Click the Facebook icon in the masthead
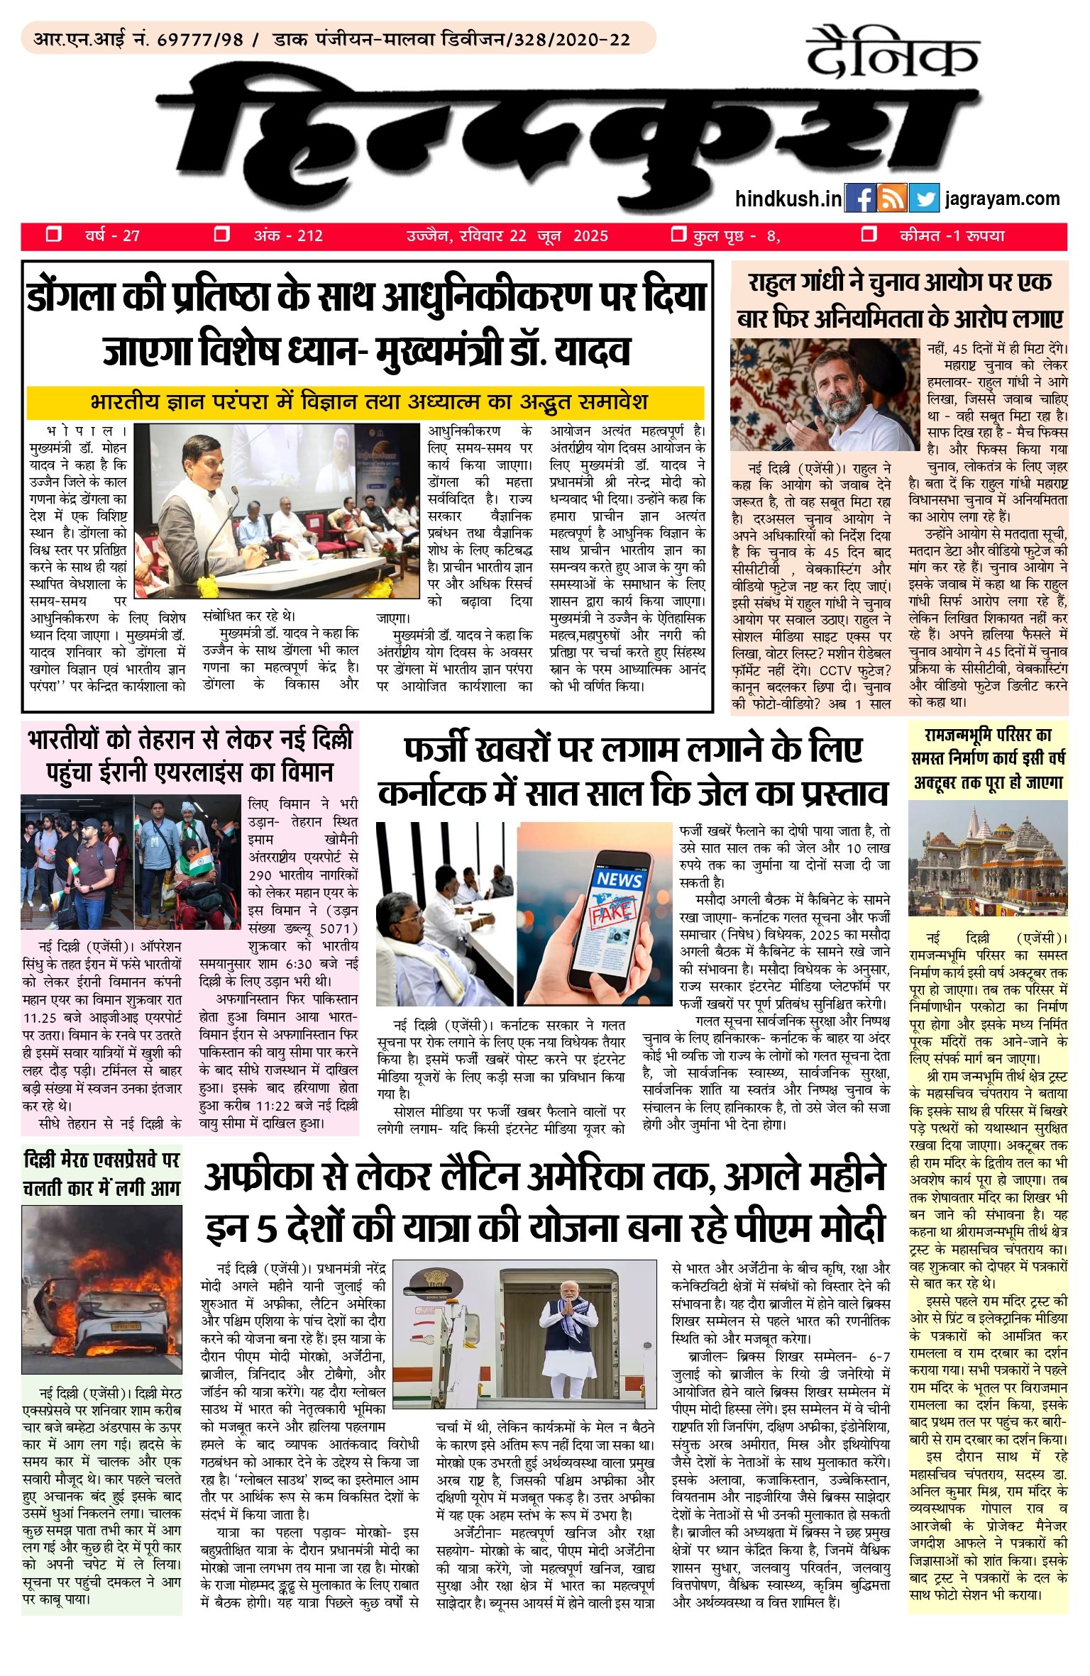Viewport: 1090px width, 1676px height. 860,199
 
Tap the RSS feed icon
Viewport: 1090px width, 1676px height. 892,199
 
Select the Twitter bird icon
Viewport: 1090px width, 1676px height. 924,199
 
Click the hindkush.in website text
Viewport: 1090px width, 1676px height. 788,199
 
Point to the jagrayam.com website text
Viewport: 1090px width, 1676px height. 1002,199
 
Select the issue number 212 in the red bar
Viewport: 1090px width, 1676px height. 310,236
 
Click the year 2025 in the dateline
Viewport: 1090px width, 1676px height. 590,236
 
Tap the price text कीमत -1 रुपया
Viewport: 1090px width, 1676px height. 952,235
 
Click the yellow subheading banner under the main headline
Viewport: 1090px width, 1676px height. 365,403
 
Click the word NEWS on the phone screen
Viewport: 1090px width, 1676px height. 619,879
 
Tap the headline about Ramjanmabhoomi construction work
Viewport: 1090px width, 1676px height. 988,759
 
